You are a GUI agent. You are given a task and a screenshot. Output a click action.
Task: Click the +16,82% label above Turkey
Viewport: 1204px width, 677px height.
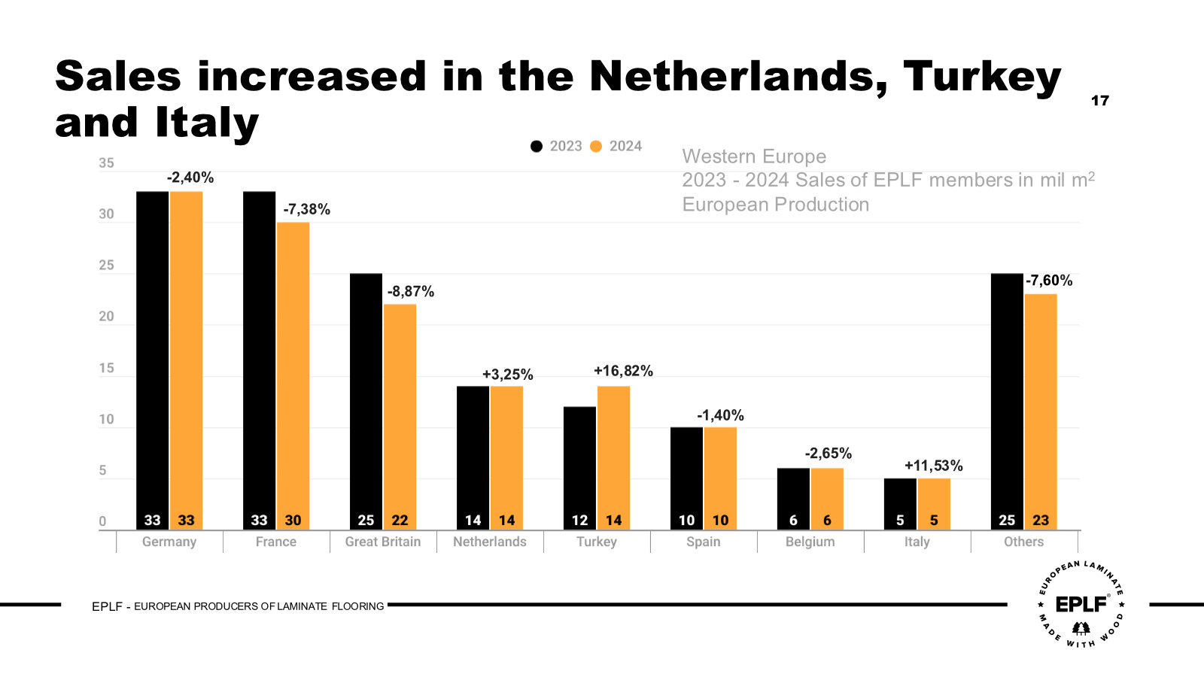pos(623,371)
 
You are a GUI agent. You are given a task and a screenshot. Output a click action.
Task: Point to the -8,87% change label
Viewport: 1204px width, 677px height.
pos(411,292)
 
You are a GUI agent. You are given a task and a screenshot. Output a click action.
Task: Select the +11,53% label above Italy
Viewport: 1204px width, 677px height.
pos(933,466)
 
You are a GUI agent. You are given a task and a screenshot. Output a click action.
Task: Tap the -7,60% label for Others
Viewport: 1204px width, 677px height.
pos(1049,281)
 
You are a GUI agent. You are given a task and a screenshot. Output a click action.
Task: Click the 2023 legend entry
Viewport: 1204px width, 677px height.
pos(557,146)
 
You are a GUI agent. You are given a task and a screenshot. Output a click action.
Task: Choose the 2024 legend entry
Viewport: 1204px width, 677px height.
pos(616,146)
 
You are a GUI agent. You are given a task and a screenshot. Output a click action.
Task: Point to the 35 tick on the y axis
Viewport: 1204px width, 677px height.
pos(107,163)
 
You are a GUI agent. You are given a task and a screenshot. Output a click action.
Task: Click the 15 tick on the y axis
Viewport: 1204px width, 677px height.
pos(107,369)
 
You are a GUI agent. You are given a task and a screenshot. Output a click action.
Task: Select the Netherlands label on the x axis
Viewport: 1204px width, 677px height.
pos(490,542)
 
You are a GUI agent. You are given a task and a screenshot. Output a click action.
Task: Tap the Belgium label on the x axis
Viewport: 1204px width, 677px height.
pos(810,542)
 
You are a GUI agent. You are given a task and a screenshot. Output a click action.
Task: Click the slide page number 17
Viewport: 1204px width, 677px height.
pos(1099,101)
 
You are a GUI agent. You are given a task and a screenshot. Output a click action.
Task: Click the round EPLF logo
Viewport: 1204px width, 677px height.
pos(1081,604)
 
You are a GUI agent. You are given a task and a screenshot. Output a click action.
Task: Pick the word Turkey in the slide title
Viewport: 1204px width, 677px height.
pos(981,77)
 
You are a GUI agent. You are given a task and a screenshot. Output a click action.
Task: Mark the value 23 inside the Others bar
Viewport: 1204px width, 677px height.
pos(1041,521)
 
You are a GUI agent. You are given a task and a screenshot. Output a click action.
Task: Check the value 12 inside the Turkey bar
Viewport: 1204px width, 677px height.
pos(579,521)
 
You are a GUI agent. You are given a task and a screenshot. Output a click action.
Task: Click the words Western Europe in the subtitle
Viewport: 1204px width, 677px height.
pos(754,156)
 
